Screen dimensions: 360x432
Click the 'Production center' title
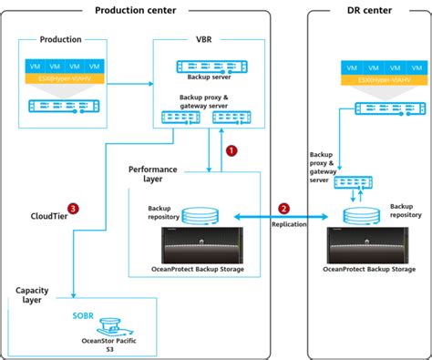click(137, 10)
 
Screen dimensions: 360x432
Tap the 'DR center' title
click(370, 10)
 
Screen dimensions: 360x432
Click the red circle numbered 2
click(283, 208)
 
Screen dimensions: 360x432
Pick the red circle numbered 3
click(72, 208)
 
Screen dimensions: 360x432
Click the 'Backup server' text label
click(209, 54)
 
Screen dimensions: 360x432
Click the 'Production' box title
click(61, 40)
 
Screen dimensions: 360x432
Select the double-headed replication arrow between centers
click(279, 217)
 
